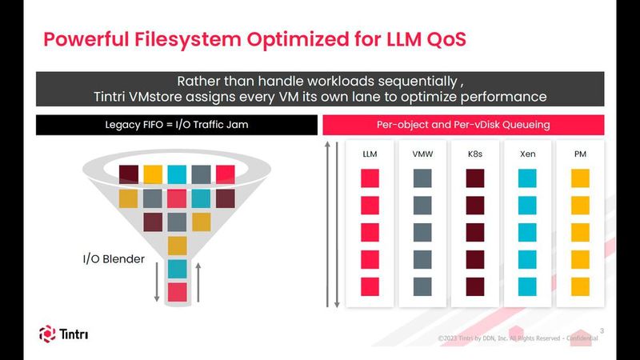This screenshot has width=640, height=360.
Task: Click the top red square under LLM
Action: [x=370, y=178]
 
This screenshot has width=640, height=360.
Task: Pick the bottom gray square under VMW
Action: [x=422, y=286]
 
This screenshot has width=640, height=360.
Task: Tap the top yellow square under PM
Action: [x=580, y=178]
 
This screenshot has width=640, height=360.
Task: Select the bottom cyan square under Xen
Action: [x=527, y=286]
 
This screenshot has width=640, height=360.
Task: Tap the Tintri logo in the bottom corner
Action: [x=63, y=333]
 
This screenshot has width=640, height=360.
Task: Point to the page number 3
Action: [x=601, y=328]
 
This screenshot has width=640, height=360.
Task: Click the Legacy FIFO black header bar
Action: [x=175, y=126]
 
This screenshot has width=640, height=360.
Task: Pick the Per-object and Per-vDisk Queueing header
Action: [x=462, y=126]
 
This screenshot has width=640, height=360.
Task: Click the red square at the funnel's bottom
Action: [x=177, y=291]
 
